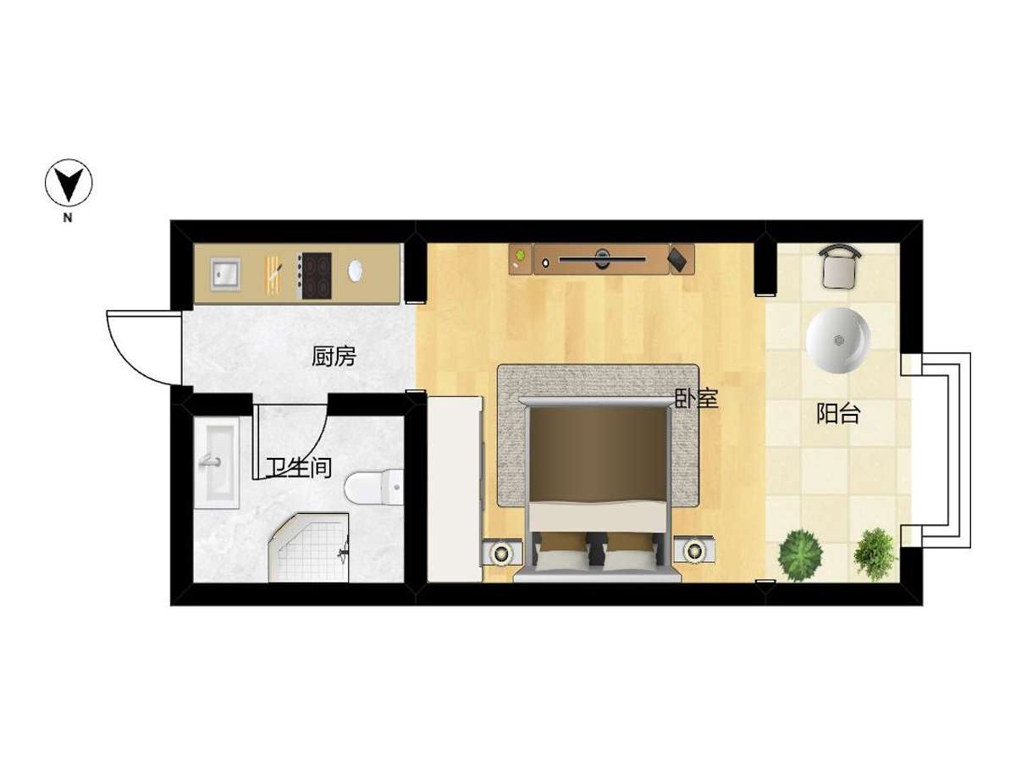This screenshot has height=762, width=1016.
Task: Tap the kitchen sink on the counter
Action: click(225, 273)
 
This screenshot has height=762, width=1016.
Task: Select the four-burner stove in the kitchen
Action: click(314, 275)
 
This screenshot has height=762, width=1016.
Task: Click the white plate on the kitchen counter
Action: click(355, 271)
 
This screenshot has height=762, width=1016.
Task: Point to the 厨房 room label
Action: click(334, 356)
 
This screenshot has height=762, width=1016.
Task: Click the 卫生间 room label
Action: click(299, 467)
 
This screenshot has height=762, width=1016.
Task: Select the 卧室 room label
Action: click(696, 398)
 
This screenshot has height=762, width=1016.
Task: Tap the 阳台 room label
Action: click(838, 413)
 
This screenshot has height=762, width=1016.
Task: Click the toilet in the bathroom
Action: click(374, 487)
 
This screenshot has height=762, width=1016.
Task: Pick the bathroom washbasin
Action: click(217, 462)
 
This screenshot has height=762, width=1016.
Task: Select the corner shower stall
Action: click(309, 547)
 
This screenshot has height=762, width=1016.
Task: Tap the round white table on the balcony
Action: click(838, 340)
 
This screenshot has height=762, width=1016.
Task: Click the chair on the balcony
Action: click(840, 267)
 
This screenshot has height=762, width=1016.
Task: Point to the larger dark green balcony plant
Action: click(801, 555)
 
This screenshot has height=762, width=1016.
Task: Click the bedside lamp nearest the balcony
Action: click(693, 550)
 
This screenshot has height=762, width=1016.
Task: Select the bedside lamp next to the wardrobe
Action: click(501, 552)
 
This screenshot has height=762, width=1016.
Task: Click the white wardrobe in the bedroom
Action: click(455, 489)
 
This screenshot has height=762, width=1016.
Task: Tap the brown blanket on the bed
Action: click(599, 456)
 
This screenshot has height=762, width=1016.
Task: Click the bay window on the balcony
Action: click(935, 450)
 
